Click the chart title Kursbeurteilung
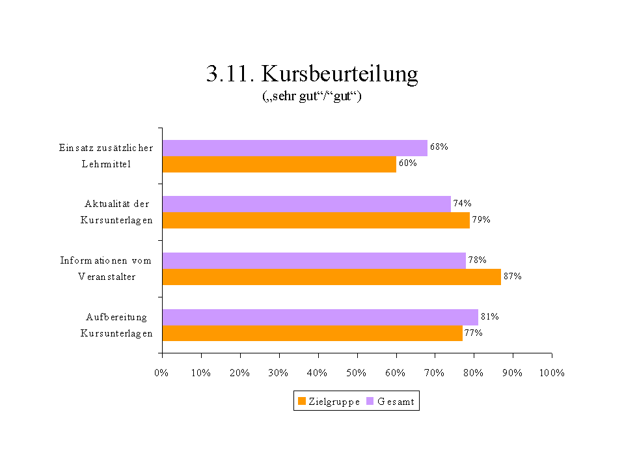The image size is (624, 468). click(312, 74)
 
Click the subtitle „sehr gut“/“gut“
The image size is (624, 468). click(312, 97)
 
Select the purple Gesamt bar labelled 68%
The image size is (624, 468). click(295, 148)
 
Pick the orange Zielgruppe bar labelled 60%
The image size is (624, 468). click(279, 164)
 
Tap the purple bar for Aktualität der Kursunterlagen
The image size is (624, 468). click(306, 204)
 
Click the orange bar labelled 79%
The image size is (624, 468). click(316, 220)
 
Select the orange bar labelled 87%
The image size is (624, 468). click(332, 277)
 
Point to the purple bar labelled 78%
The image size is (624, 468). click(314, 260)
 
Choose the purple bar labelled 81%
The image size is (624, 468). click(320, 317)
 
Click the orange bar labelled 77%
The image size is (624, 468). click(312, 333)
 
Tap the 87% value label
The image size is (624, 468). click(513, 276)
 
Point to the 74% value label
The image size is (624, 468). click(463, 203)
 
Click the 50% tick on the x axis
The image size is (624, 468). click(357, 373)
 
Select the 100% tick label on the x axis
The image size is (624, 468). click(552, 373)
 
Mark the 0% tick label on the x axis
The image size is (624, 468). click(162, 373)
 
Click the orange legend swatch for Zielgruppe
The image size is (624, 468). click(301, 402)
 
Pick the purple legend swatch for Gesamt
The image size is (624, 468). click(370, 402)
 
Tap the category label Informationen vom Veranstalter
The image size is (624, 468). click(106, 268)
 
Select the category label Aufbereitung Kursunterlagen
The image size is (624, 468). click(116, 325)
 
